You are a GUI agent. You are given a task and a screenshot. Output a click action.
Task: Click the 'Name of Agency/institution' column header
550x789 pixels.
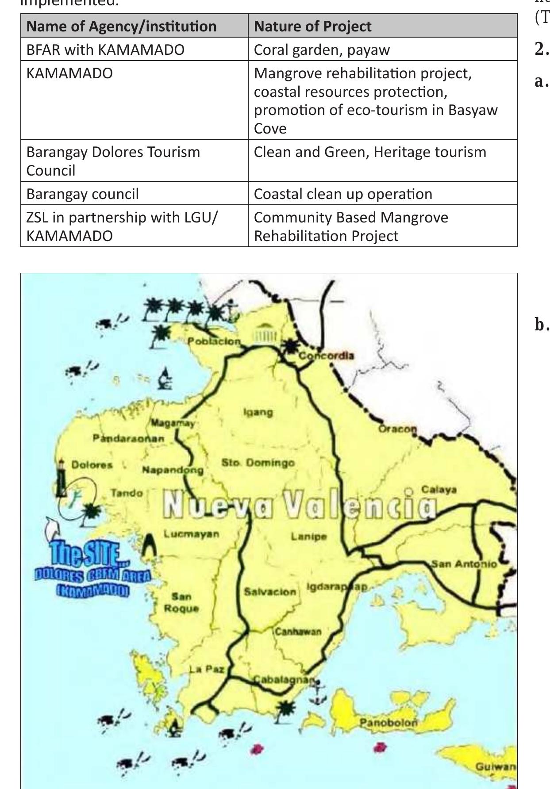click(x=122, y=26)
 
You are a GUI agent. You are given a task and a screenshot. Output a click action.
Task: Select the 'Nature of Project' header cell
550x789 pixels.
click(x=312, y=26)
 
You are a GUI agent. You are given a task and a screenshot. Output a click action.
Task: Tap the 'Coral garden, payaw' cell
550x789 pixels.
click(x=322, y=50)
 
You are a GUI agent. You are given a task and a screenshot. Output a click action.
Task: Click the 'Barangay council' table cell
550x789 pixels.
click(x=83, y=194)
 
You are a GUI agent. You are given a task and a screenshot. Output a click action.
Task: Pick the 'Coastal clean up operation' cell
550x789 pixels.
click(x=343, y=194)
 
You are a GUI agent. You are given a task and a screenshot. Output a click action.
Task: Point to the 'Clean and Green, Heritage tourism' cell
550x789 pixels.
click(x=369, y=152)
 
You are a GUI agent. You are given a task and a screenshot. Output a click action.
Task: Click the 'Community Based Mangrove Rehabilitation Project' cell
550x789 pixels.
click(x=351, y=226)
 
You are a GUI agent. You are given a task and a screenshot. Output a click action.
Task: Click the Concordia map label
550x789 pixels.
click(x=327, y=356)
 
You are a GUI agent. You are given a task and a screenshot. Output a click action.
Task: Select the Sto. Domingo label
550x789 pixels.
click(x=258, y=463)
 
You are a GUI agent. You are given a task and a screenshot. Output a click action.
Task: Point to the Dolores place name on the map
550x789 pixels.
click(x=92, y=465)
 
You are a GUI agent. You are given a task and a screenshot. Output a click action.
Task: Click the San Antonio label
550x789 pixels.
click(x=464, y=564)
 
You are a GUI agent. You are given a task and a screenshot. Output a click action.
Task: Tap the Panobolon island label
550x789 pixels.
click(x=388, y=723)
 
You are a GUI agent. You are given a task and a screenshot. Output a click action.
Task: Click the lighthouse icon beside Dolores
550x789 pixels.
click(x=62, y=478)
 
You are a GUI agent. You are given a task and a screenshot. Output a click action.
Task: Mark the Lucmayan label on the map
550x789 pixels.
click(x=191, y=534)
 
